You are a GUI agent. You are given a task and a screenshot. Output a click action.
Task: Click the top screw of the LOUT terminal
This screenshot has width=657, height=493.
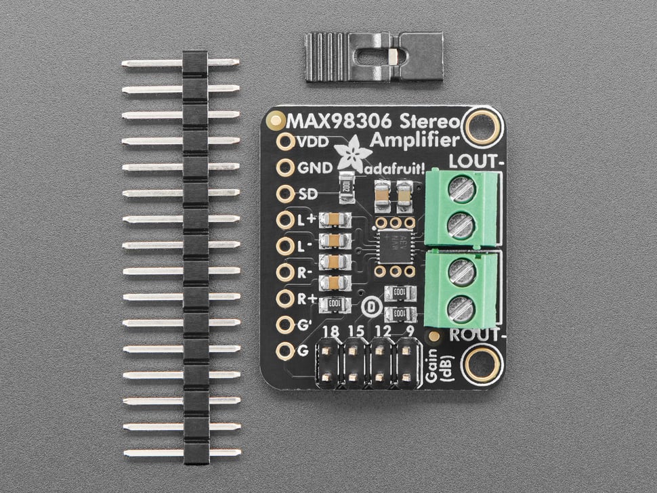462,190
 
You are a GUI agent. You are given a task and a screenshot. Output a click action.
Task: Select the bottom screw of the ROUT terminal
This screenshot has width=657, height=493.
462,310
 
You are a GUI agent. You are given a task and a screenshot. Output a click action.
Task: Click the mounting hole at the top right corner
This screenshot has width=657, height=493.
482,127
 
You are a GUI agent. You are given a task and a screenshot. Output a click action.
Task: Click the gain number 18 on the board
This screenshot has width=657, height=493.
331,332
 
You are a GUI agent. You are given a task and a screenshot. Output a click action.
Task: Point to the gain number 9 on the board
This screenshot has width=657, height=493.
410,332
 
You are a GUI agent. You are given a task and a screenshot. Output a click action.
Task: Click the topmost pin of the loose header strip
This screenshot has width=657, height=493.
181,63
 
